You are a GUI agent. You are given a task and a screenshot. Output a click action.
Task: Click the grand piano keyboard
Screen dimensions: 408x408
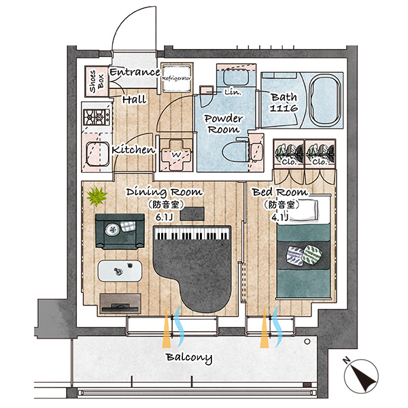[192, 233]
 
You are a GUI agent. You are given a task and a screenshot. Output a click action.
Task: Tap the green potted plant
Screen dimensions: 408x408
[97, 196]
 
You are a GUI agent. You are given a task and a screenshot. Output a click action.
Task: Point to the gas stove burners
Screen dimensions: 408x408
[97, 117]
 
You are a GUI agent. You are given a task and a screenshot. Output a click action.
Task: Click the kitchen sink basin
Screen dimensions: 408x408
[97, 154]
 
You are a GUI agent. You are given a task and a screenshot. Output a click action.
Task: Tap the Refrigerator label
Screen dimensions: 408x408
[176, 78]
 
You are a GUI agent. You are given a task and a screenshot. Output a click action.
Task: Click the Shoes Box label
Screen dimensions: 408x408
[97, 81]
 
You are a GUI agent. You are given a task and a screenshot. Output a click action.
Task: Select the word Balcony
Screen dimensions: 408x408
[189, 358]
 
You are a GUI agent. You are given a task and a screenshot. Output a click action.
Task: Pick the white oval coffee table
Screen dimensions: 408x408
[120, 271]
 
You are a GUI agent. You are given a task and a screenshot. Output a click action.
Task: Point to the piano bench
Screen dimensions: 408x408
[192, 214]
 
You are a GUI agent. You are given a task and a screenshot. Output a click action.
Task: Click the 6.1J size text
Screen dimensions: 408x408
[165, 217]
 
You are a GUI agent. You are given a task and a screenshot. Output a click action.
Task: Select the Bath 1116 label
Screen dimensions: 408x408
[284, 102]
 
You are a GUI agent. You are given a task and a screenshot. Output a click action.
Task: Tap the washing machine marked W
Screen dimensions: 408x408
[176, 155]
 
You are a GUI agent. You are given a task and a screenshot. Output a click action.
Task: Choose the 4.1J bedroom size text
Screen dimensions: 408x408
[280, 217]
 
